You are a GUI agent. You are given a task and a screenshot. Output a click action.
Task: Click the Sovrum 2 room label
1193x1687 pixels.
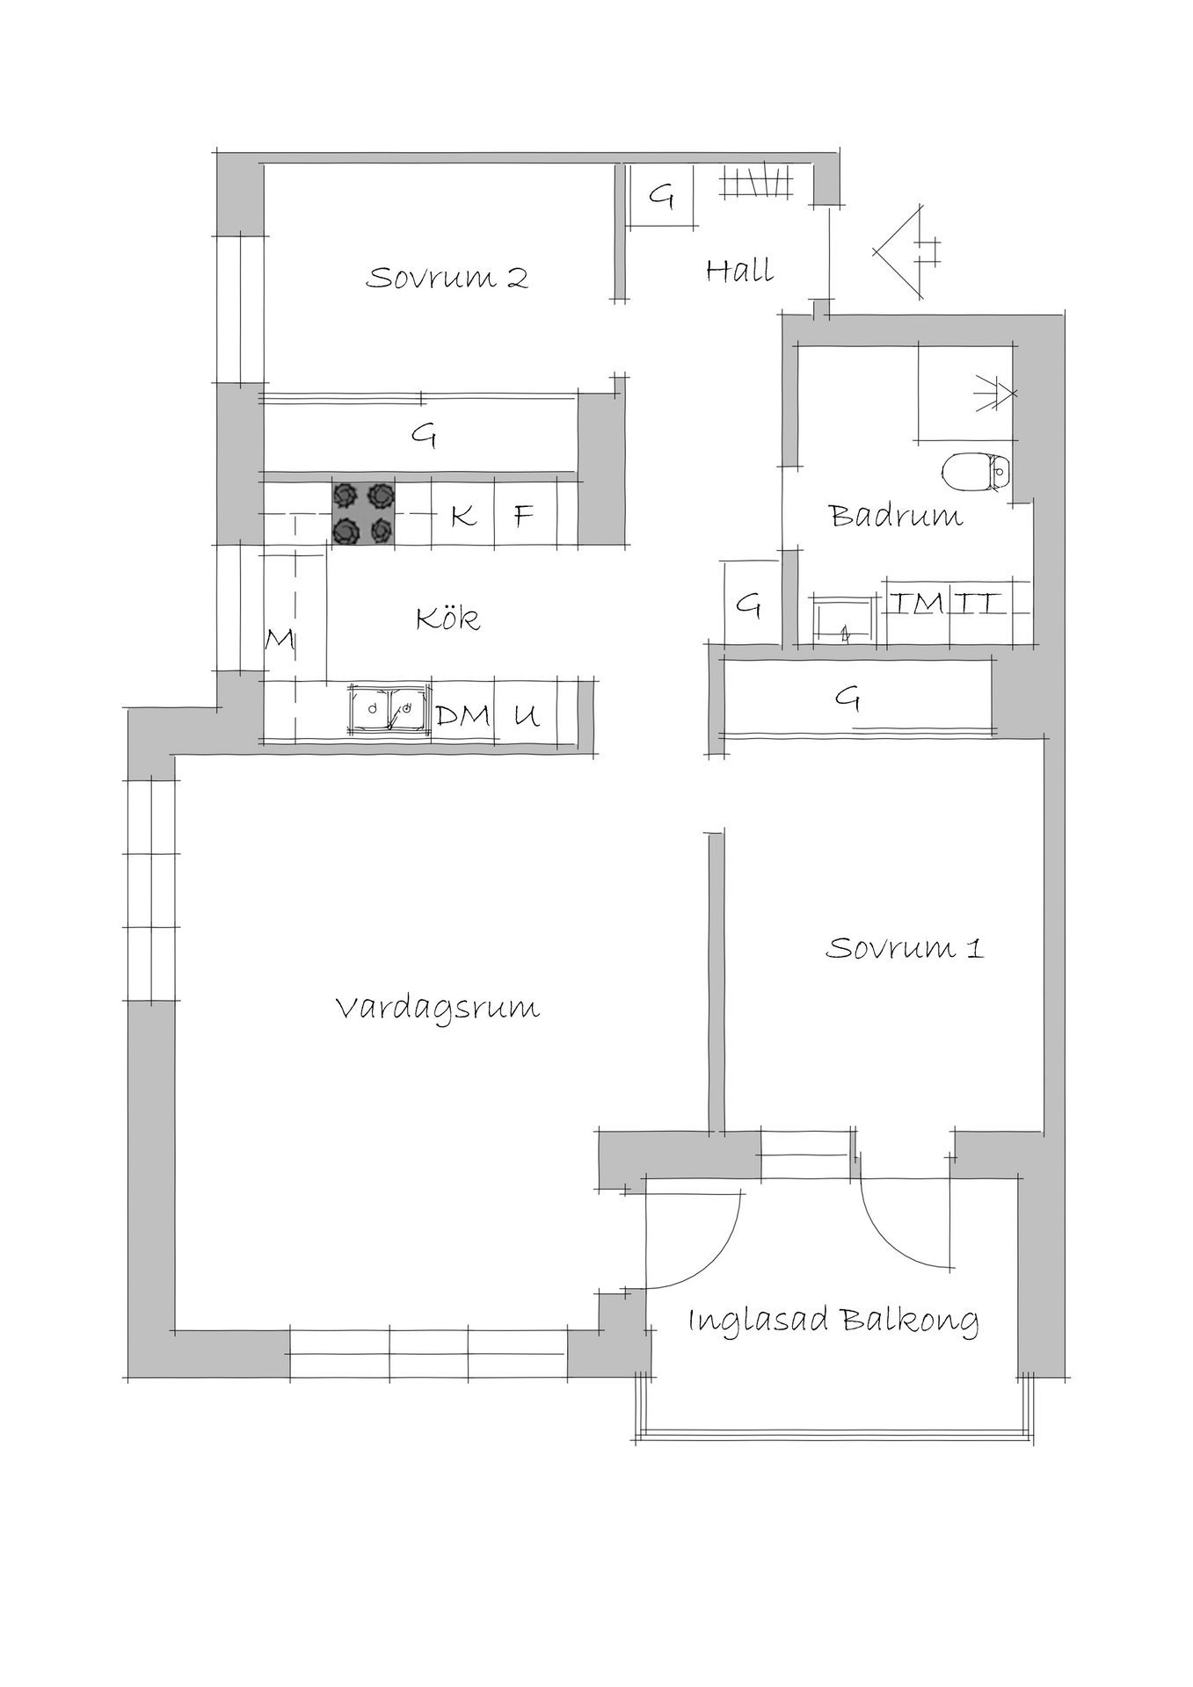tap(447, 278)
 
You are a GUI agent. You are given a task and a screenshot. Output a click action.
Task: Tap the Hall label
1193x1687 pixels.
tap(739, 270)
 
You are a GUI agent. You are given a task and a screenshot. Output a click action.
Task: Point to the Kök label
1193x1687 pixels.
tap(447, 618)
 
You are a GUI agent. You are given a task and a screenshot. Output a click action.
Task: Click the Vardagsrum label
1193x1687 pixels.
tap(438, 1008)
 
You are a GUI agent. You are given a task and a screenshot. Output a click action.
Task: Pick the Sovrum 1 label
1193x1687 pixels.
tap(905, 948)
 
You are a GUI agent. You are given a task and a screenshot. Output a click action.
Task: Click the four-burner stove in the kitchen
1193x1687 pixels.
tap(363, 514)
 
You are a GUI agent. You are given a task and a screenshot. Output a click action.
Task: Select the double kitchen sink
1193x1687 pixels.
tap(388, 709)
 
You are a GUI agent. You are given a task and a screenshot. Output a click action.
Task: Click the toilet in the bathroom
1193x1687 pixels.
tap(977, 472)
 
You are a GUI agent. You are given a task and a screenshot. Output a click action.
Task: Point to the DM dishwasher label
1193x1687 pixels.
tap(462, 715)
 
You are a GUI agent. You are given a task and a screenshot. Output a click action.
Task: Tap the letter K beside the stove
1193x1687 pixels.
tap(462, 515)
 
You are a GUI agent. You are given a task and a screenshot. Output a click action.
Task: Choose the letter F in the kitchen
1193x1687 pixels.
tap(524, 515)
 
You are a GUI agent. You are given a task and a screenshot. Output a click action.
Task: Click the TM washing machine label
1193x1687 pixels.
tap(917, 603)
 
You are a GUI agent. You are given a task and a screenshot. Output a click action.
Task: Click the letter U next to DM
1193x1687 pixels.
tap(526, 716)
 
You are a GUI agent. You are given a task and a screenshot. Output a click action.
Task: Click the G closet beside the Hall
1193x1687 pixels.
tap(661, 197)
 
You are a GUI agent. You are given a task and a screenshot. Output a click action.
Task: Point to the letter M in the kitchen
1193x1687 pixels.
tap(280, 640)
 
